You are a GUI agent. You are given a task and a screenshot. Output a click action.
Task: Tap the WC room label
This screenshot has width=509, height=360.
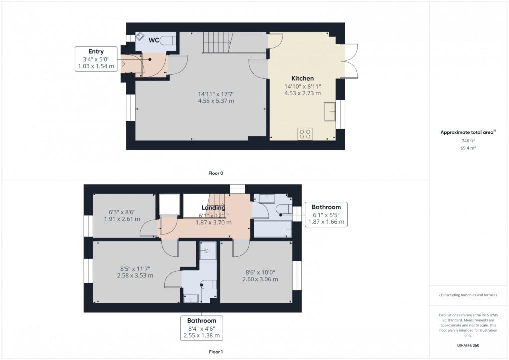pyautogui.click(x=154, y=40)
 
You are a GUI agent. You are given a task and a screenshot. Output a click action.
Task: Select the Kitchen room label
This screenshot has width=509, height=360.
pyautogui.click(x=302, y=78)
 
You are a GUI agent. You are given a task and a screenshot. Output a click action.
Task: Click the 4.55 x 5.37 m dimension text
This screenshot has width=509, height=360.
pyautogui.click(x=216, y=101)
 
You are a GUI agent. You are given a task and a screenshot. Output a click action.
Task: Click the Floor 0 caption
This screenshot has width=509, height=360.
pyautogui.click(x=216, y=173)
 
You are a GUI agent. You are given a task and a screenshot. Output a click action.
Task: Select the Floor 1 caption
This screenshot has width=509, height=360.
pyautogui.click(x=216, y=352)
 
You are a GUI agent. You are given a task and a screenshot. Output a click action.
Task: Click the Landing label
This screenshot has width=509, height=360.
pyautogui.click(x=213, y=208)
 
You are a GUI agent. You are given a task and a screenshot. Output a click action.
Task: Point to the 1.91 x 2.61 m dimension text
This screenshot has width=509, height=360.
pyautogui.click(x=122, y=219)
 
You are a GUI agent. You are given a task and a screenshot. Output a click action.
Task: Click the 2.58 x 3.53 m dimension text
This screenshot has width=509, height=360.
pyautogui.click(x=135, y=275)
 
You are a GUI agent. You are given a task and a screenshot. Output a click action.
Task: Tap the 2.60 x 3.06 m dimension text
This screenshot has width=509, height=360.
pyautogui.click(x=261, y=279)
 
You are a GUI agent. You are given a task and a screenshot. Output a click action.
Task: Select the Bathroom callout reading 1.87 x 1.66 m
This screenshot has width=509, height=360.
pyautogui.click(x=326, y=214)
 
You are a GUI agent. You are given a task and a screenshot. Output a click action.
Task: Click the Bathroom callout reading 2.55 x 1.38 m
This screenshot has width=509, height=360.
pyautogui.click(x=202, y=328)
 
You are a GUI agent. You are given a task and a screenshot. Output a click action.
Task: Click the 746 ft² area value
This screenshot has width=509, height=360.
pyautogui.click(x=468, y=141)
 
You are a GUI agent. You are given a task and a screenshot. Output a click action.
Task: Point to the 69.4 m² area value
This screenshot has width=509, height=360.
pyautogui.click(x=468, y=148)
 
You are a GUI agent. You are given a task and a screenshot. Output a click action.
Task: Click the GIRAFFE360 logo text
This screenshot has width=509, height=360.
pyautogui.click(x=468, y=345)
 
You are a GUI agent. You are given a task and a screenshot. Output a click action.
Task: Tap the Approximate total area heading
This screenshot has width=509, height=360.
pyautogui.click(x=467, y=132)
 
